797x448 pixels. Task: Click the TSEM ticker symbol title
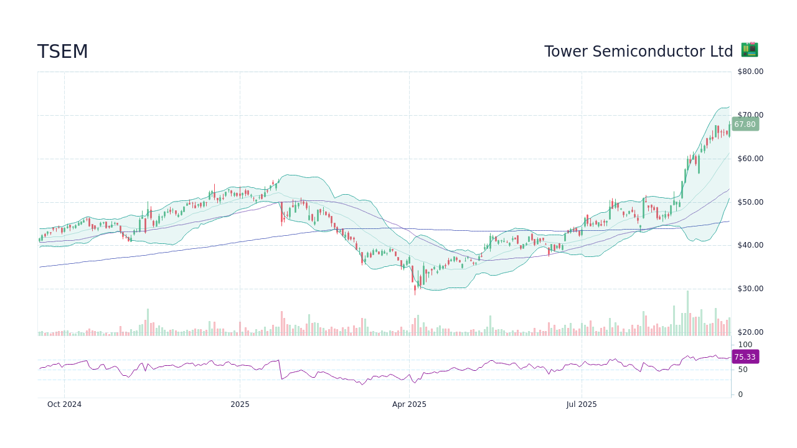[x=63, y=52]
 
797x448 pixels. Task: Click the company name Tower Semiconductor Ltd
[x=638, y=52]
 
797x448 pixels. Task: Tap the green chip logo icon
[x=749, y=50]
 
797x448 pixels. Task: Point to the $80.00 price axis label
[x=750, y=72]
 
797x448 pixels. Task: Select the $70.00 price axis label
[x=750, y=115]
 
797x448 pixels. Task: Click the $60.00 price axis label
[x=750, y=159]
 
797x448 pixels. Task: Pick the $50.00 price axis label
[x=750, y=202]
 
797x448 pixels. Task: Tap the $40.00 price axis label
[x=750, y=245]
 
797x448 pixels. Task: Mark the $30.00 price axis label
[x=750, y=289]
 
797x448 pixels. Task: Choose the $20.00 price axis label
[x=750, y=332]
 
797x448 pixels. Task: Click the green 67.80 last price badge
[x=745, y=124]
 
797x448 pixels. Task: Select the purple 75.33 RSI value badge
[x=745, y=357]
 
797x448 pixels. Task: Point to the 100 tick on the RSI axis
[x=745, y=345]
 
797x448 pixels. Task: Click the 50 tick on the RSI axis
[x=742, y=370]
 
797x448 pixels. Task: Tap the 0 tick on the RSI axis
[x=740, y=394]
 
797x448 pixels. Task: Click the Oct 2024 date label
[x=64, y=404]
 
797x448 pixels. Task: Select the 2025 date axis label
[x=240, y=404]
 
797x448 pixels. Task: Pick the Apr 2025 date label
[x=409, y=404]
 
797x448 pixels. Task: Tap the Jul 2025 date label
[x=582, y=404]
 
